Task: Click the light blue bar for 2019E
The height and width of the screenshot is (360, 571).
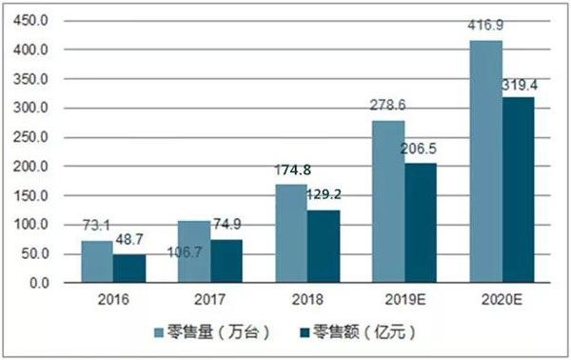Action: (389, 202)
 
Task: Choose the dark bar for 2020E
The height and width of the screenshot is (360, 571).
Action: (518, 190)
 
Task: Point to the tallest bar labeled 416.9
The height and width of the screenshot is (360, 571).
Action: (486, 162)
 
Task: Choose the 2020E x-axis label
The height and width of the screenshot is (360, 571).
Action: (502, 300)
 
